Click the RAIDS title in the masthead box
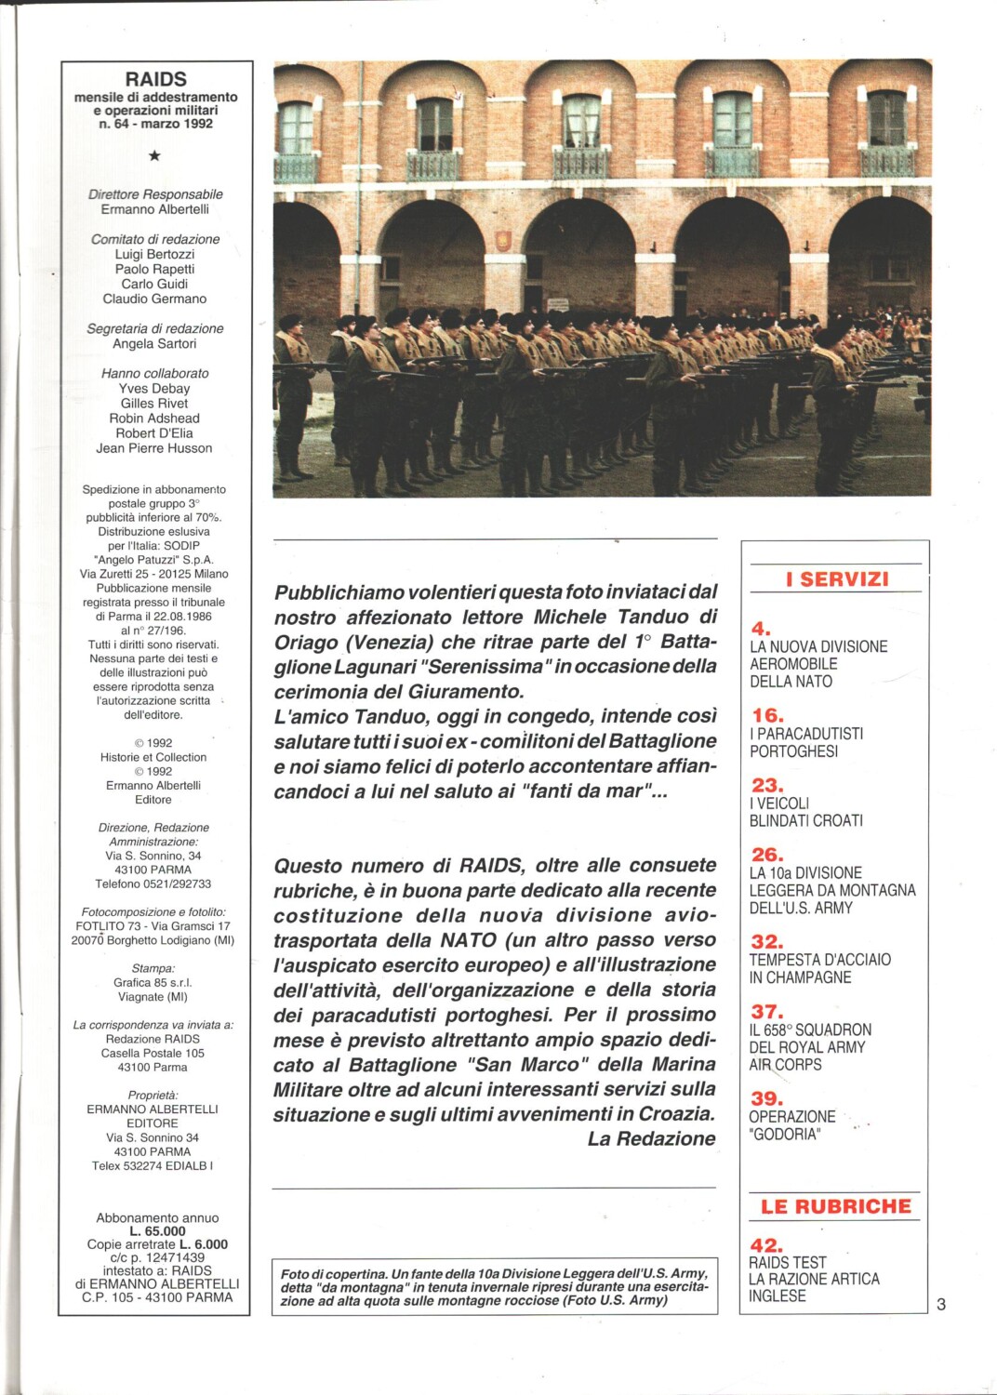(x=156, y=79)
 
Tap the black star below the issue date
(x=154, y=155)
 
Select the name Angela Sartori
(x=154, y=343)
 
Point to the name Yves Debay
(x=154, y=388)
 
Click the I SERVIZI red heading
(x=836, y=578)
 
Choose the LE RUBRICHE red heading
(x=835, y=1206)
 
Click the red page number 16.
(x=767, y=715)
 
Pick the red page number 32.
(x=767, y=941)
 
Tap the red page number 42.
(x=766, y=1244)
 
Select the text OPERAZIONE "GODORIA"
(x=791, y=1124)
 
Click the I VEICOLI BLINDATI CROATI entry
(x=805, y=811)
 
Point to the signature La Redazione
(x=651, y=1138)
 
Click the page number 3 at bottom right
(x=941, y=1304)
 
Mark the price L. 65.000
(x=158, y=1230)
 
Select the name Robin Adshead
(x=154, y=418)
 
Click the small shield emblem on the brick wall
(x=503, y=239)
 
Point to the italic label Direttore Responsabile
(x=155, y=194)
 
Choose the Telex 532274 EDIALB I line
(x=153, y=1165)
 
